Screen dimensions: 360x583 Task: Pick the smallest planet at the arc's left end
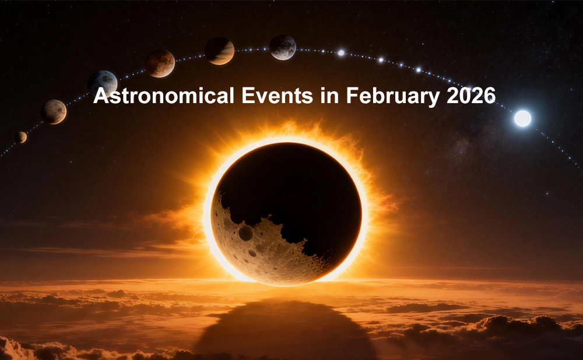tap(21, 137)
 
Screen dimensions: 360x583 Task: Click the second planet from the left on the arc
tap(54, 111)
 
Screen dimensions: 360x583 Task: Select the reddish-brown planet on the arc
tap(160, 63)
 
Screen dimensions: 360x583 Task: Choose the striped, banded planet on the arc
tap(220, 51)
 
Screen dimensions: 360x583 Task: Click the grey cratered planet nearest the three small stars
tap(282, 47)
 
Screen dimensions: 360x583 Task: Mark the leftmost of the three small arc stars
tap(341, 52)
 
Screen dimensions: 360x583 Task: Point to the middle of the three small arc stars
tap(380, 59)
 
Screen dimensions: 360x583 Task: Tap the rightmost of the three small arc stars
tap(418, 69)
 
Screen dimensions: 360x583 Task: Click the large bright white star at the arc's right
tap(522, 118)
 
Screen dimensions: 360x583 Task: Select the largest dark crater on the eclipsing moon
tap(245, 233)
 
